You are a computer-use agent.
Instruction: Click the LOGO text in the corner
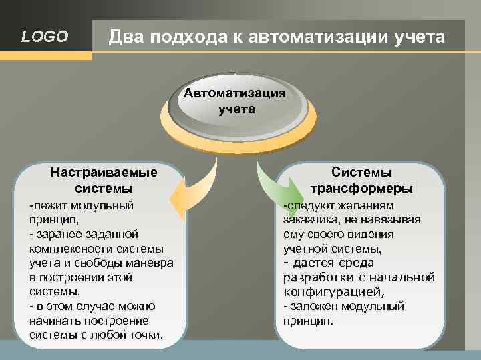pos(45,37)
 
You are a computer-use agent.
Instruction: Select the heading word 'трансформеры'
pos(361,187)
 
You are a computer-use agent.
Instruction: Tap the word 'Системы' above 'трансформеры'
pos(361,173)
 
